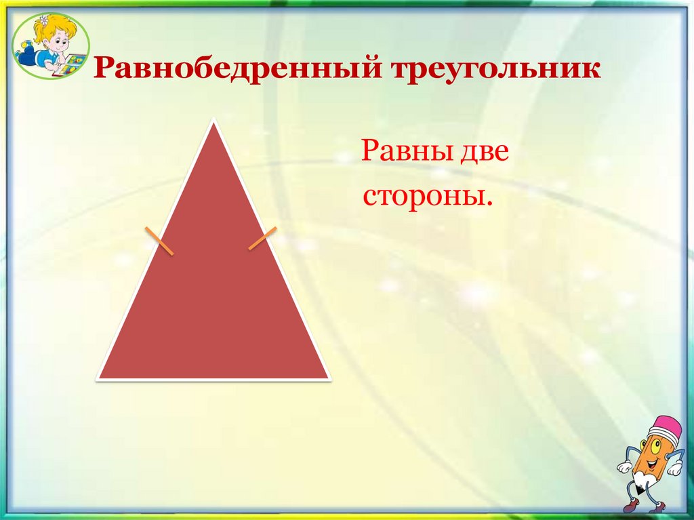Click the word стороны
pos(426,196)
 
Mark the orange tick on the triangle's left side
pos(159,241)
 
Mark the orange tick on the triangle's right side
pos(262,238)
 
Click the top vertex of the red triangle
pos(214,122)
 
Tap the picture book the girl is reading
pos(75,64)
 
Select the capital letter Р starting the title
pos(102,71)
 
